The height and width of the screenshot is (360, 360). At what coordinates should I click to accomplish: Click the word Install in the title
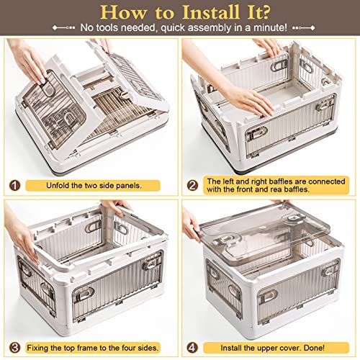click(210, 12)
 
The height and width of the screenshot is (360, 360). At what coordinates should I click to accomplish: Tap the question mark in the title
click(265, 12)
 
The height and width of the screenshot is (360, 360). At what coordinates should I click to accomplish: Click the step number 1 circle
click(14, 186)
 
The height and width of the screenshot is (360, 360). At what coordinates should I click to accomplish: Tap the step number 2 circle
click(193, 185)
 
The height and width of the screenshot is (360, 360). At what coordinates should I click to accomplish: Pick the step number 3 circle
click(14, 348)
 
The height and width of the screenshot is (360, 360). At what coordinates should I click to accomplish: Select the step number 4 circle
click(193, 348)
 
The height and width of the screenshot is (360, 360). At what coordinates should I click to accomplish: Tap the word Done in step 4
click(314, 348)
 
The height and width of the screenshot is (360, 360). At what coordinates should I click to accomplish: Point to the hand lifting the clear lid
click(191, 225)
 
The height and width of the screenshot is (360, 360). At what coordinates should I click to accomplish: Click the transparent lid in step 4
click(264, 238)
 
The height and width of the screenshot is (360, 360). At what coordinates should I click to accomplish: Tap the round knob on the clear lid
click(293, 219)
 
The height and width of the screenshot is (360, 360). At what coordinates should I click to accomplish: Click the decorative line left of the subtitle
click(63, 28)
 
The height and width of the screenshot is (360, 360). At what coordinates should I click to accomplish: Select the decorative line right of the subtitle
click(304, 28)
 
